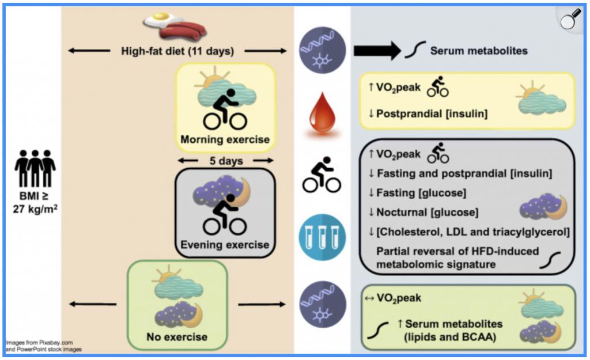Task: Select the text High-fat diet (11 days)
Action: (x=177, y=51)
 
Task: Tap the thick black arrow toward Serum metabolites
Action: (x=377, y=51)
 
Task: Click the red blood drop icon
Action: (x=322, y=113)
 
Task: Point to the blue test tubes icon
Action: (x=322, y=237)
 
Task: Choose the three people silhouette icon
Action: (x=35, y=168)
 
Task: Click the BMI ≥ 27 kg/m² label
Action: (x=35, y=202)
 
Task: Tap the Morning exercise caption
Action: (x=225, y=139)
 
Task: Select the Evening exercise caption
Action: (x=225, y=245)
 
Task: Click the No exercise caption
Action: (x=177, y=337)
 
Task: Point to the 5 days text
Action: (x=226, y=161)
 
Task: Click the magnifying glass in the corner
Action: (x=570, y=18)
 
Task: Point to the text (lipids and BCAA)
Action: (x=449, y=337)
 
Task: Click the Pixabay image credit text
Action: (x=40, y=343)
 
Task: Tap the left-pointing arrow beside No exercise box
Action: (x=93, y=304)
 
